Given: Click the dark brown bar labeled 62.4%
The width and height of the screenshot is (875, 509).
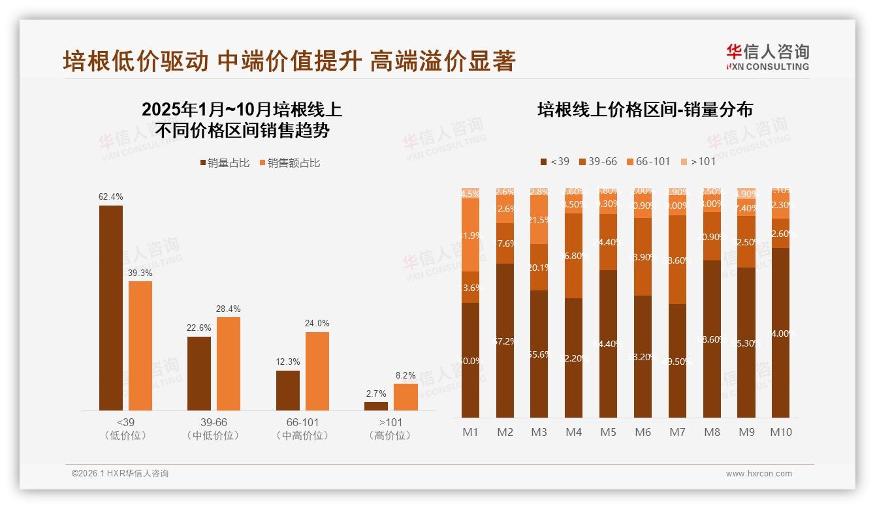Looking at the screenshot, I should pos(111,307).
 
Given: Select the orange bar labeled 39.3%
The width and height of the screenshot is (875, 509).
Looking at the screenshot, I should pos(140,345).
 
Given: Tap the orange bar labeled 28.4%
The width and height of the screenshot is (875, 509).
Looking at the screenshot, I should pos(229,363).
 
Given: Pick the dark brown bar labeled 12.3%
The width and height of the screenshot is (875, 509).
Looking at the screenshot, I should pos(288,390).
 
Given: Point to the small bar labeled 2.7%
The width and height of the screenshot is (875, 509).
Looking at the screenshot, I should pos(376,406).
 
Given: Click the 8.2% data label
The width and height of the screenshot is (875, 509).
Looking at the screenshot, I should pos(406,375).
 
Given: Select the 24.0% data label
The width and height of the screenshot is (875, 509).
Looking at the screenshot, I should pos(317,323).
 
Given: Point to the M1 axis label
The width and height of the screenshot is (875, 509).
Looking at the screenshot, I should pos(470,432).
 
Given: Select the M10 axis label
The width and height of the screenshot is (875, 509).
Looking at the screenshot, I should pos(780,432).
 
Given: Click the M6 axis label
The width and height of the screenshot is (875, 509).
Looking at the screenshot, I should pos(643,432).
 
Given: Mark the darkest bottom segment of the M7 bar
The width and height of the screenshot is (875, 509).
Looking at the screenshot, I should pos(677,361).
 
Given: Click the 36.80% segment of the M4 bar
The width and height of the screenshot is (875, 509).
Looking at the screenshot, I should pos(573,256).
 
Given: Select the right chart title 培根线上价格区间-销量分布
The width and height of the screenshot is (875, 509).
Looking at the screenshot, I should pos(644,110).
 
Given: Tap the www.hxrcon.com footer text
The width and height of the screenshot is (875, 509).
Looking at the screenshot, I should pos(758,474).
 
